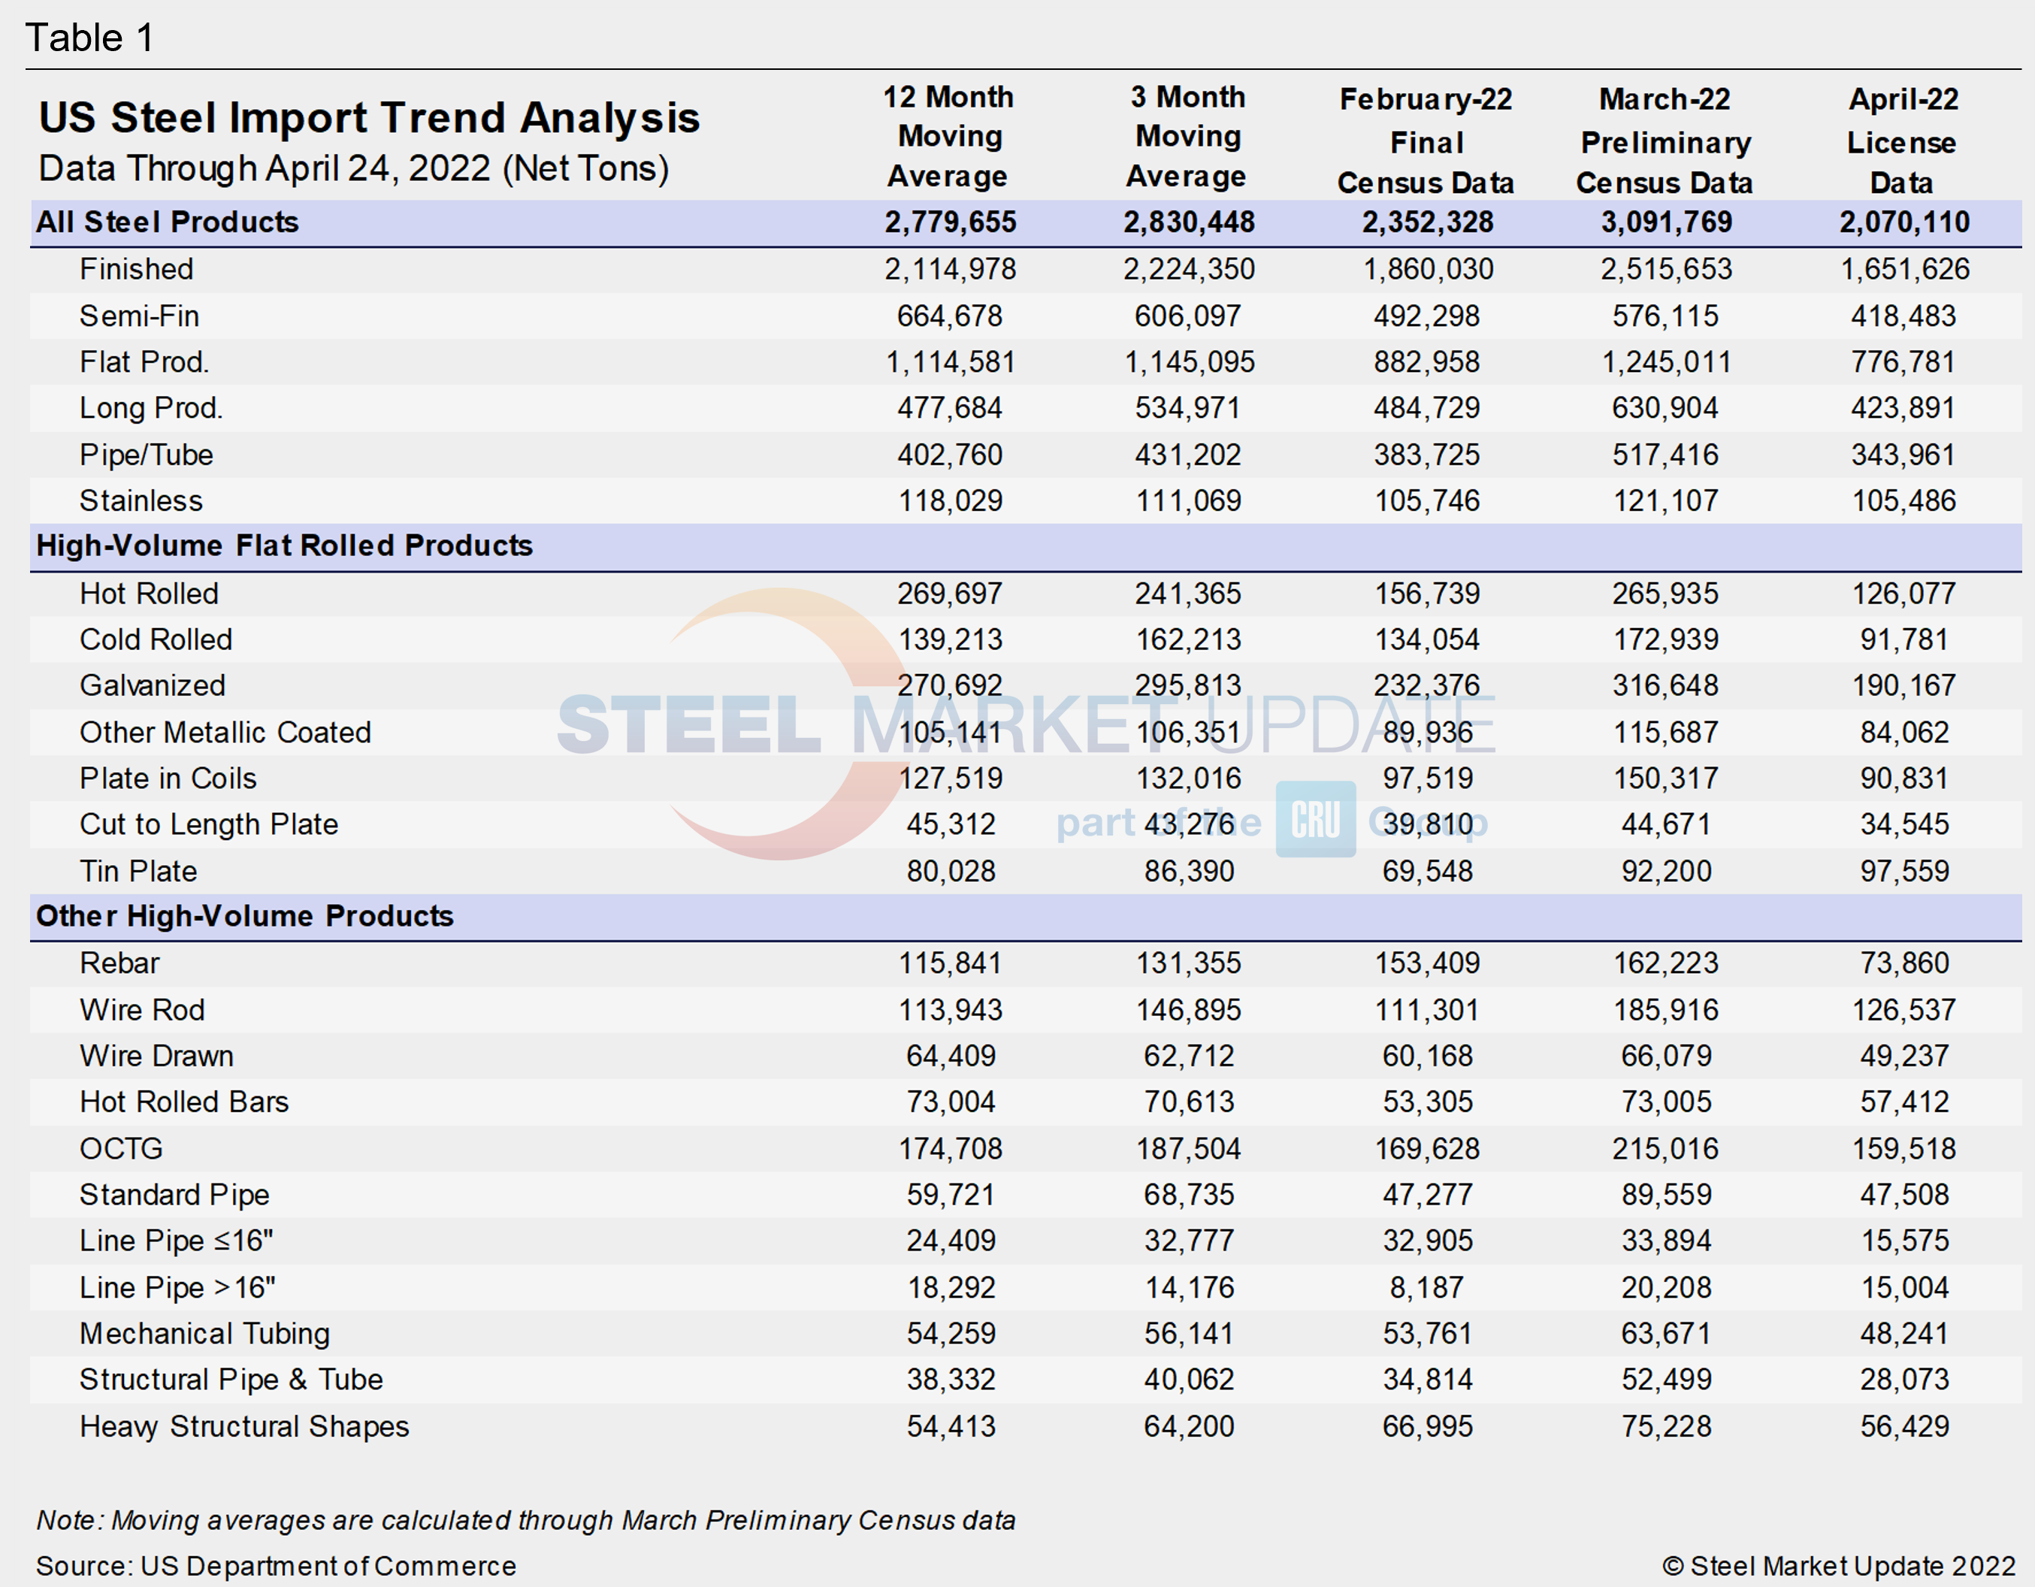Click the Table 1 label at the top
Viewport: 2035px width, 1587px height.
pos(89,38)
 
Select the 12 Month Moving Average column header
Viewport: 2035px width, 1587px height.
pos(948,136)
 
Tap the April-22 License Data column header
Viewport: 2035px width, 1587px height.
pos(1903,141)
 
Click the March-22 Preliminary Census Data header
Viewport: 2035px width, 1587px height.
pos(1665,141)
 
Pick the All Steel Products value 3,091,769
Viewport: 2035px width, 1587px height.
pos(1666,222)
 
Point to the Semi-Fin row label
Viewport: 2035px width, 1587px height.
pos(139,316)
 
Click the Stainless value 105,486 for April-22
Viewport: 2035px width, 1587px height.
pos(1903,500)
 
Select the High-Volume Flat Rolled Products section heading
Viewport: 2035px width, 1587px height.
pos(284,545)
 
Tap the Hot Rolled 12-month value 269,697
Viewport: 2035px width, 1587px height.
pos(949,594)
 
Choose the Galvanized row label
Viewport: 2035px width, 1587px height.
pos(153,685)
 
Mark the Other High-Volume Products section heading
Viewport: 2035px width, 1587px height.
pos(245,916)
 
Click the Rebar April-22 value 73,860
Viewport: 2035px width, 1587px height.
pos(1903,963)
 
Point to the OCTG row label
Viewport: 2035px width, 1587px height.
pos(121,1148)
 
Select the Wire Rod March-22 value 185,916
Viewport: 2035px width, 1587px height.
pos(1666,1009)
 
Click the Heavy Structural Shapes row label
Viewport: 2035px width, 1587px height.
pos(244,1425)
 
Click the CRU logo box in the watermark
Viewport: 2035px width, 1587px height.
pos(1315,819)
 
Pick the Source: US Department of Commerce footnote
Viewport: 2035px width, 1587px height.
pos(276,1565)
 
